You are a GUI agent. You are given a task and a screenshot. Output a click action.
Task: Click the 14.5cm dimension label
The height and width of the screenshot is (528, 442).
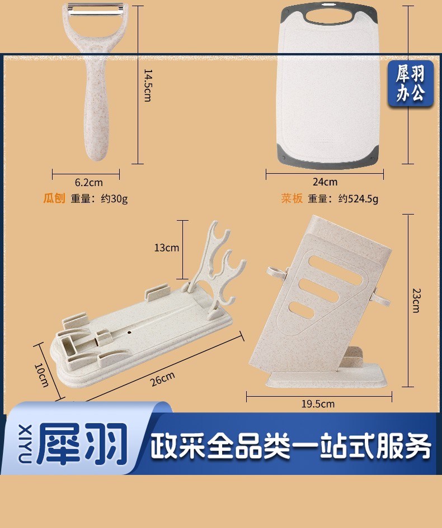pyautogui.click(x=148, y=85)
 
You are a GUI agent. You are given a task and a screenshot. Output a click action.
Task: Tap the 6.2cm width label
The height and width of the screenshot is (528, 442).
pyautogui.click(x=88, y=183)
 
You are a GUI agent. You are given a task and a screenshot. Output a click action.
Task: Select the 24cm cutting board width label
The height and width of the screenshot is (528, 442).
pyautogui.click(x=325, y=182)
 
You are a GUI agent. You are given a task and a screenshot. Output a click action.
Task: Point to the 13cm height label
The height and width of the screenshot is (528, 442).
pyautogui.click(x=167, y=248)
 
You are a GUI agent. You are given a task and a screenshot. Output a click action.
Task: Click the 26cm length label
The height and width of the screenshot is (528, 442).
pyautogui.click(x=163, y=379)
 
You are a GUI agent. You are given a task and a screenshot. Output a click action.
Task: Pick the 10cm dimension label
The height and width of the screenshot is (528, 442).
pyautogui.click(x=41, y=375)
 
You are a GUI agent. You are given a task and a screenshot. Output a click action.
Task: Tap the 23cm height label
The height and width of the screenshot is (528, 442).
pyautogui.click(x=416, y=301)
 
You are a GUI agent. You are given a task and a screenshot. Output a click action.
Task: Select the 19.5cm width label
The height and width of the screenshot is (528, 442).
pyautogui.click(x=318, y=404)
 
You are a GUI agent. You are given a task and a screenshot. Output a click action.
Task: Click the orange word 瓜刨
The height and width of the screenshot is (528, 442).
pyautogui.click(x=54, y=198)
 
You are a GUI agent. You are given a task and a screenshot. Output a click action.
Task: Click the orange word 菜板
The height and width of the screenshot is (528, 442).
pyautogui.click(x=292, y=198)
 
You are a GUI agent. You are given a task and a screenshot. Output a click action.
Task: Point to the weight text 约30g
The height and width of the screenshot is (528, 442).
pyautogui.click(x=114, y=199)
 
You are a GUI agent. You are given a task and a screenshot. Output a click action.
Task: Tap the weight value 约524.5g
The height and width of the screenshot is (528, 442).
pyautogui.click(x=359, y=199)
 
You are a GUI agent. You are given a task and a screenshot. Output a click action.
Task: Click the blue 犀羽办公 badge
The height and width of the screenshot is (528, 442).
pyautogui.click(x=410, y=84)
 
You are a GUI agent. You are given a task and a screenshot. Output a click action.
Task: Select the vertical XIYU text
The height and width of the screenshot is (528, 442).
pyautogui.click(x=25, y=444)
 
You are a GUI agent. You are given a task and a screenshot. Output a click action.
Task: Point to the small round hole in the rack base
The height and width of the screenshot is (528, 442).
pyautogui.click(x=129, y=332)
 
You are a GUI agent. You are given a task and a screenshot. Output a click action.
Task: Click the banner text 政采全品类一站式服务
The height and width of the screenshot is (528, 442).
pyautogui.click(x=290, y=446)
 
